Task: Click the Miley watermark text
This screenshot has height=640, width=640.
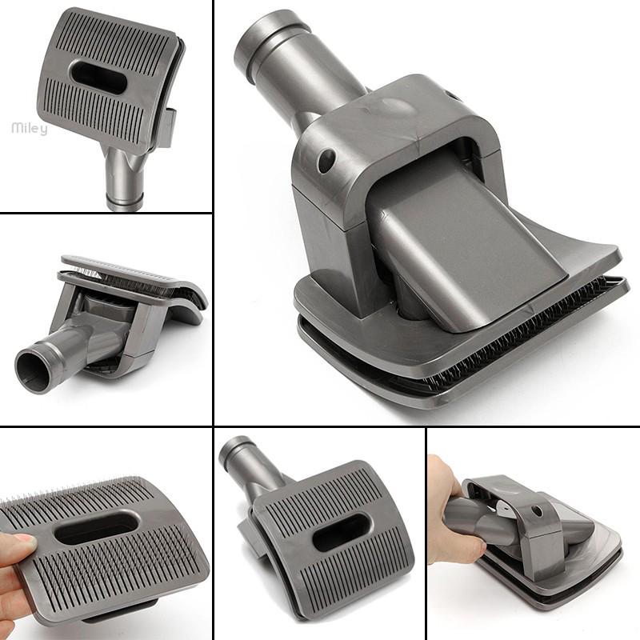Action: tap(29, 128)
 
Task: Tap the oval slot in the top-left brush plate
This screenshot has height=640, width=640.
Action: tap(98, 77)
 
